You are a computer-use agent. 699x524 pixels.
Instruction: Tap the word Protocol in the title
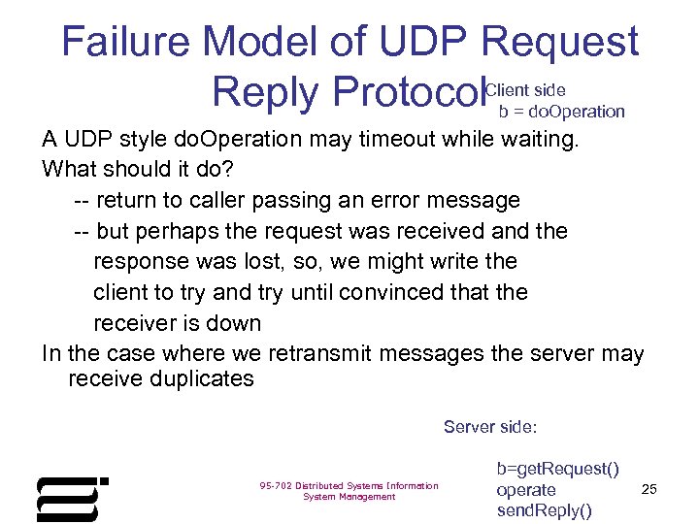point(408,93)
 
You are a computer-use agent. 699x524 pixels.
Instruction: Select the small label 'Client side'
point(525,90)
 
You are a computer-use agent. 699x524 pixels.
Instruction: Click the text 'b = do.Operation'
point(561,112)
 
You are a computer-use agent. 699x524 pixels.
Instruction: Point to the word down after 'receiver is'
point(237,323)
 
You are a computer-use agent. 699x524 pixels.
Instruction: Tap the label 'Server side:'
point(490,426)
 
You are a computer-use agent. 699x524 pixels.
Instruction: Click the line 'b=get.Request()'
point(557,470)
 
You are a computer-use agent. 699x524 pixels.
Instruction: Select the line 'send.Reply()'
point(544,510)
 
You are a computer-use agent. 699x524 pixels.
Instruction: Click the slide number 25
point(649,489)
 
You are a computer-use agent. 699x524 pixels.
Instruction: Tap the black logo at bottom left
point(72,499)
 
